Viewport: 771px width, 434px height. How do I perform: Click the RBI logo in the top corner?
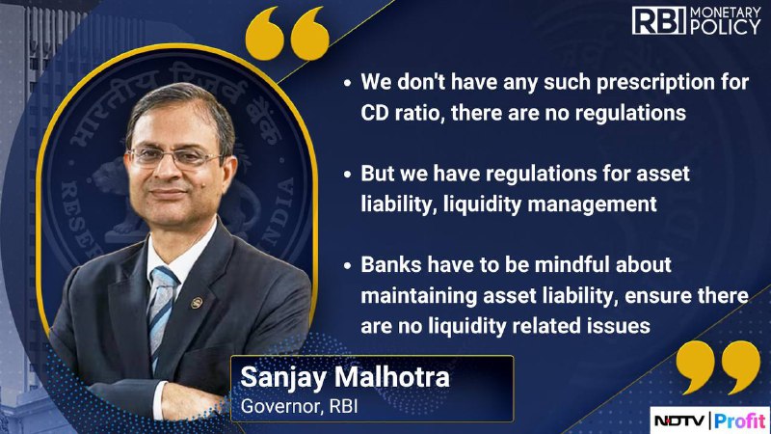(659, 20)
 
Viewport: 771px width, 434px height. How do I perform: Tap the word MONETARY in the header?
(726, 13)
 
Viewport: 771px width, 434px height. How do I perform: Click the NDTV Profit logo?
(709, 420)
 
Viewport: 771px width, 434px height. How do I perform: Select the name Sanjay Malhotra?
(345, 378)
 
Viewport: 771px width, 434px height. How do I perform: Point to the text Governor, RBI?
(299, 406)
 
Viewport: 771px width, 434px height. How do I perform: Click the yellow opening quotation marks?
(287, 34)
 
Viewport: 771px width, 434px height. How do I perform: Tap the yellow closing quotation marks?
(718, 367)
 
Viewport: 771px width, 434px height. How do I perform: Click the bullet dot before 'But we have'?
(348, 175)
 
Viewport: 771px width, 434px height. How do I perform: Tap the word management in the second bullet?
(592, 204)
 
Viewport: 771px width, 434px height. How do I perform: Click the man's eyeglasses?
(175, 156)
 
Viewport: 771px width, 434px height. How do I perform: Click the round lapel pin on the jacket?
(197, 302)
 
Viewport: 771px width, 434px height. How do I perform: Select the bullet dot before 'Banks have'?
(348, 266)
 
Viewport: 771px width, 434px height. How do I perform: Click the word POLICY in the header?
(726, 28)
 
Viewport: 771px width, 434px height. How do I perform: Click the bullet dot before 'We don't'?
(348, 83)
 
